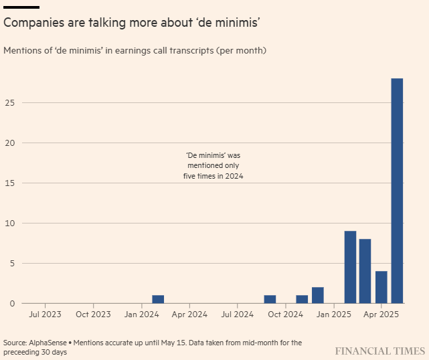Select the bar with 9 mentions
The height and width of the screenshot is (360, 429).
(350, 267)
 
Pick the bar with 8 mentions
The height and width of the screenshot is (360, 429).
(365, 271)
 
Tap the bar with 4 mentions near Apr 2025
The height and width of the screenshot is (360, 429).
(381, 287)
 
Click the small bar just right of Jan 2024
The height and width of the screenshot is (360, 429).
(158, 299)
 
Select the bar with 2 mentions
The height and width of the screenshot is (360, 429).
(318, 295)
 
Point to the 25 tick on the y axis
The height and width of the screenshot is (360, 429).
(9, 102)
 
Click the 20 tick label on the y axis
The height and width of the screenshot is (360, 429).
(9, 143)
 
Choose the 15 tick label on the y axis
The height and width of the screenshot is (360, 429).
(9, 183)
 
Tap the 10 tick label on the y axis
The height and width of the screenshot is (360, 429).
(9, 223)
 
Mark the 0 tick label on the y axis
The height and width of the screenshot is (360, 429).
(11, 303)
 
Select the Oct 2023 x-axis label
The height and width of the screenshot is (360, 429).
(93, 314)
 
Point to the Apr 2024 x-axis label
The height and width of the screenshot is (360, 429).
(189, 314)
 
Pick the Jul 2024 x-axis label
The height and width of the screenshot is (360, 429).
(237, 314)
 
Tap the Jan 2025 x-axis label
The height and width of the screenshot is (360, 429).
(333, 314)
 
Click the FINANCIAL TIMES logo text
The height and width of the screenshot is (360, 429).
(379, 351)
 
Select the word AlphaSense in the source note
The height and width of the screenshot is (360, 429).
(53, 343)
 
